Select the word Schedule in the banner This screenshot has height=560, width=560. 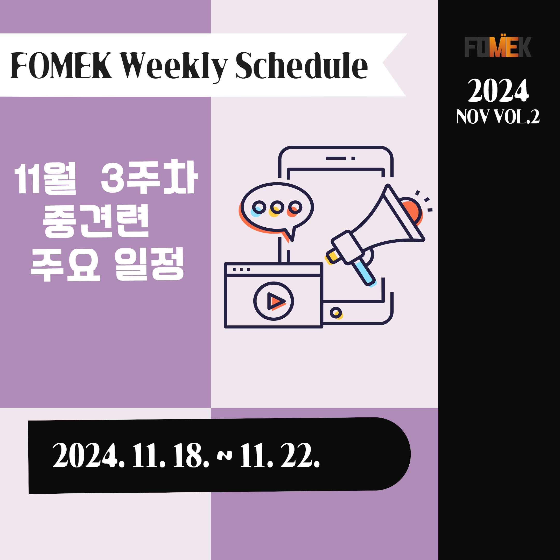click(302, 66)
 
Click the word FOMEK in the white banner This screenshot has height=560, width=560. click(61, 65)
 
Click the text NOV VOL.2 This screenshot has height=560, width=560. click(498, 117)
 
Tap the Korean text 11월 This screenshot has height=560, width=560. click(45, 178)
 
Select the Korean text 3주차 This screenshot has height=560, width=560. click(149, 177)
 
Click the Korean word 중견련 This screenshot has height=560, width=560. click(96, 221)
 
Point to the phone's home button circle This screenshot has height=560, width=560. click(336, 313)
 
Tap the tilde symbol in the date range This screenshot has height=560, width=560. click(225, 455)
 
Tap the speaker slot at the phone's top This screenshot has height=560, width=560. click(336, 158)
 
